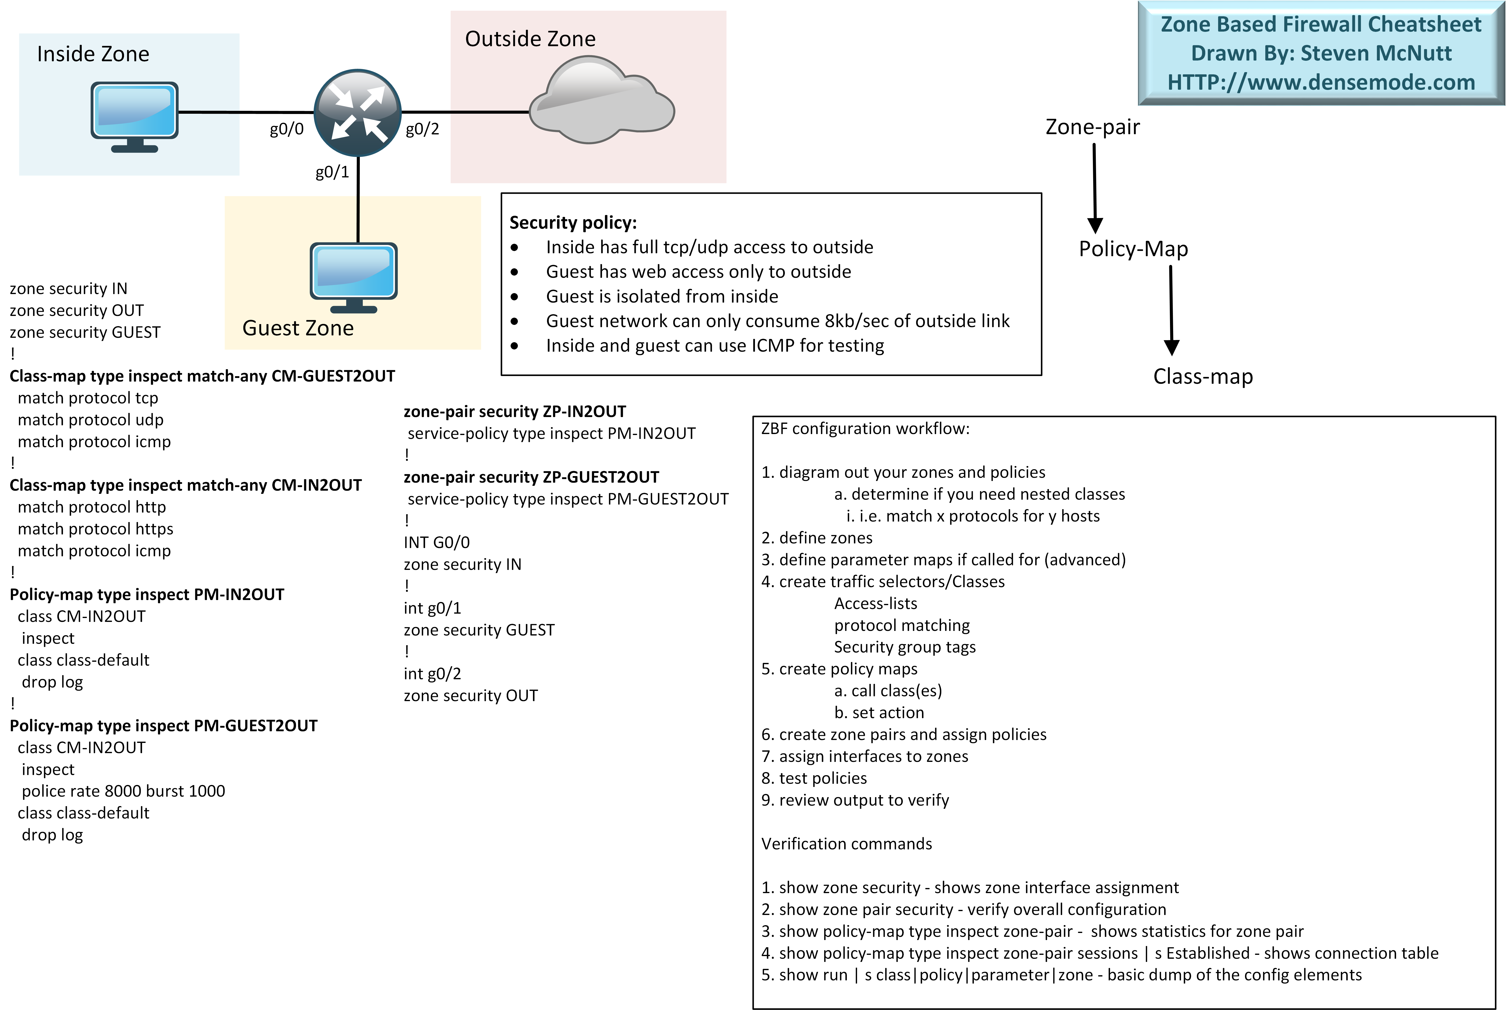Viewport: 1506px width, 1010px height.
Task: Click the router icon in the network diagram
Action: coord(357,113)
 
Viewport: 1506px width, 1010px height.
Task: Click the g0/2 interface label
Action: coord(422,130)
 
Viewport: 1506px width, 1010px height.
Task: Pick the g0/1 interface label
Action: coord(332,172)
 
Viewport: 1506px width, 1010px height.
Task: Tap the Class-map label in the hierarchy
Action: coord(1203,376)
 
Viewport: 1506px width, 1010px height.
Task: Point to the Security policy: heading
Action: coord(573,223)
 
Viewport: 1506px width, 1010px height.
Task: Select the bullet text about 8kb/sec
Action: coord(777,321)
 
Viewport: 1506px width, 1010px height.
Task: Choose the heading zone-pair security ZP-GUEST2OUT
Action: coord(531,477)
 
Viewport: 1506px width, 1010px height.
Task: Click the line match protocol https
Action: coord(95,529)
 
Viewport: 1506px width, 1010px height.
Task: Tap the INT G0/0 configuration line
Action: coord(436,542)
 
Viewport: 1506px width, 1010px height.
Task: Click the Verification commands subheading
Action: coord(846,844)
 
